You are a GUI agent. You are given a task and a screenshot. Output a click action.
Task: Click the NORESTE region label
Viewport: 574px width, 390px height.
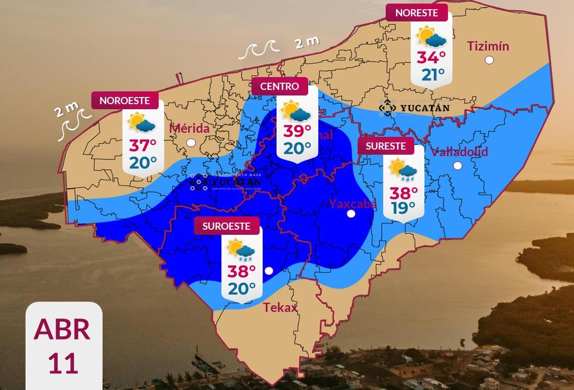point(416,13)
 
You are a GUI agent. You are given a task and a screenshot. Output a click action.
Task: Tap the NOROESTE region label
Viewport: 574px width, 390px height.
point(124,101)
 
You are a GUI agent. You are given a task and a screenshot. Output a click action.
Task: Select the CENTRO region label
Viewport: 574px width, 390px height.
point(280,86)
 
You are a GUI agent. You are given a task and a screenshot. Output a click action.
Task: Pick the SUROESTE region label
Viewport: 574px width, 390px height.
point(226,226)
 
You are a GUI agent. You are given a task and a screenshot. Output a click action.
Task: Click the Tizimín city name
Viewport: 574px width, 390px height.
point(488,46)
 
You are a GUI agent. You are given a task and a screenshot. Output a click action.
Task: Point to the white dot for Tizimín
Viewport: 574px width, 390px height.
point(489,60)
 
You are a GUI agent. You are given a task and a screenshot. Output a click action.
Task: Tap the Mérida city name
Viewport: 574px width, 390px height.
point(189,128)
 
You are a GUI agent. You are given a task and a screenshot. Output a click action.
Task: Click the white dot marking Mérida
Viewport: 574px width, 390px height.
point(191,143)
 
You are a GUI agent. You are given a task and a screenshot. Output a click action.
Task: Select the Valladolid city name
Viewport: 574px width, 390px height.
point(459,152)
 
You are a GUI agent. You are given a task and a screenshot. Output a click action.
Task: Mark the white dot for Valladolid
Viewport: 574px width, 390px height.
point(458,165)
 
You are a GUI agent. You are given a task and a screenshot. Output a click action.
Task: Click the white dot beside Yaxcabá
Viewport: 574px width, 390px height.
point(351,214)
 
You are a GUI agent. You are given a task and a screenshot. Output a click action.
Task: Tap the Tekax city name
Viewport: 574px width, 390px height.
point(280,307)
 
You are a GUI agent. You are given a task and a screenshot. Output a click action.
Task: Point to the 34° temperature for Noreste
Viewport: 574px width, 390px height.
point(431,57)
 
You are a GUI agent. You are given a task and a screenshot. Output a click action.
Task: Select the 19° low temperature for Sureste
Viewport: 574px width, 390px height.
point(404,208)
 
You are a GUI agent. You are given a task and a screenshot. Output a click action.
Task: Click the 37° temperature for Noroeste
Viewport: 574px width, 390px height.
point(142,146)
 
